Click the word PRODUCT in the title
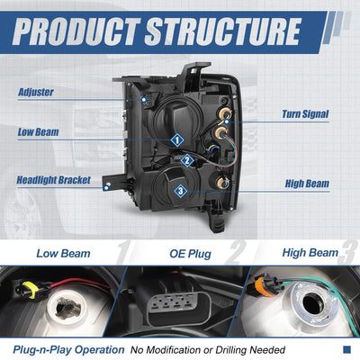coord(76,31)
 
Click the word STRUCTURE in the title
coord(223,31)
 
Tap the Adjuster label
coord(36,92)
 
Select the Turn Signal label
coord(305,114)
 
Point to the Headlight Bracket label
coord(53,180)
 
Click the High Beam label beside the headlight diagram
coord(307,184)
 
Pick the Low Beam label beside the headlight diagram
coord(38,132)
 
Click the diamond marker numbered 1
coord(177,140)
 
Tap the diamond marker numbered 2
coord(187,160)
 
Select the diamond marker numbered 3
coord(181,191)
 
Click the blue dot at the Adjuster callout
coord(144,99)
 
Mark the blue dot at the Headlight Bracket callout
coord(106,188)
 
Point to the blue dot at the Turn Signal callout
coord(227,121)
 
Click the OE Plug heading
coord(190,254)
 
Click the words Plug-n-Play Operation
coord(68,350)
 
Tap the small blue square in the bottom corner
coord(346,349)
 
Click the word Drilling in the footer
coord(231,350)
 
